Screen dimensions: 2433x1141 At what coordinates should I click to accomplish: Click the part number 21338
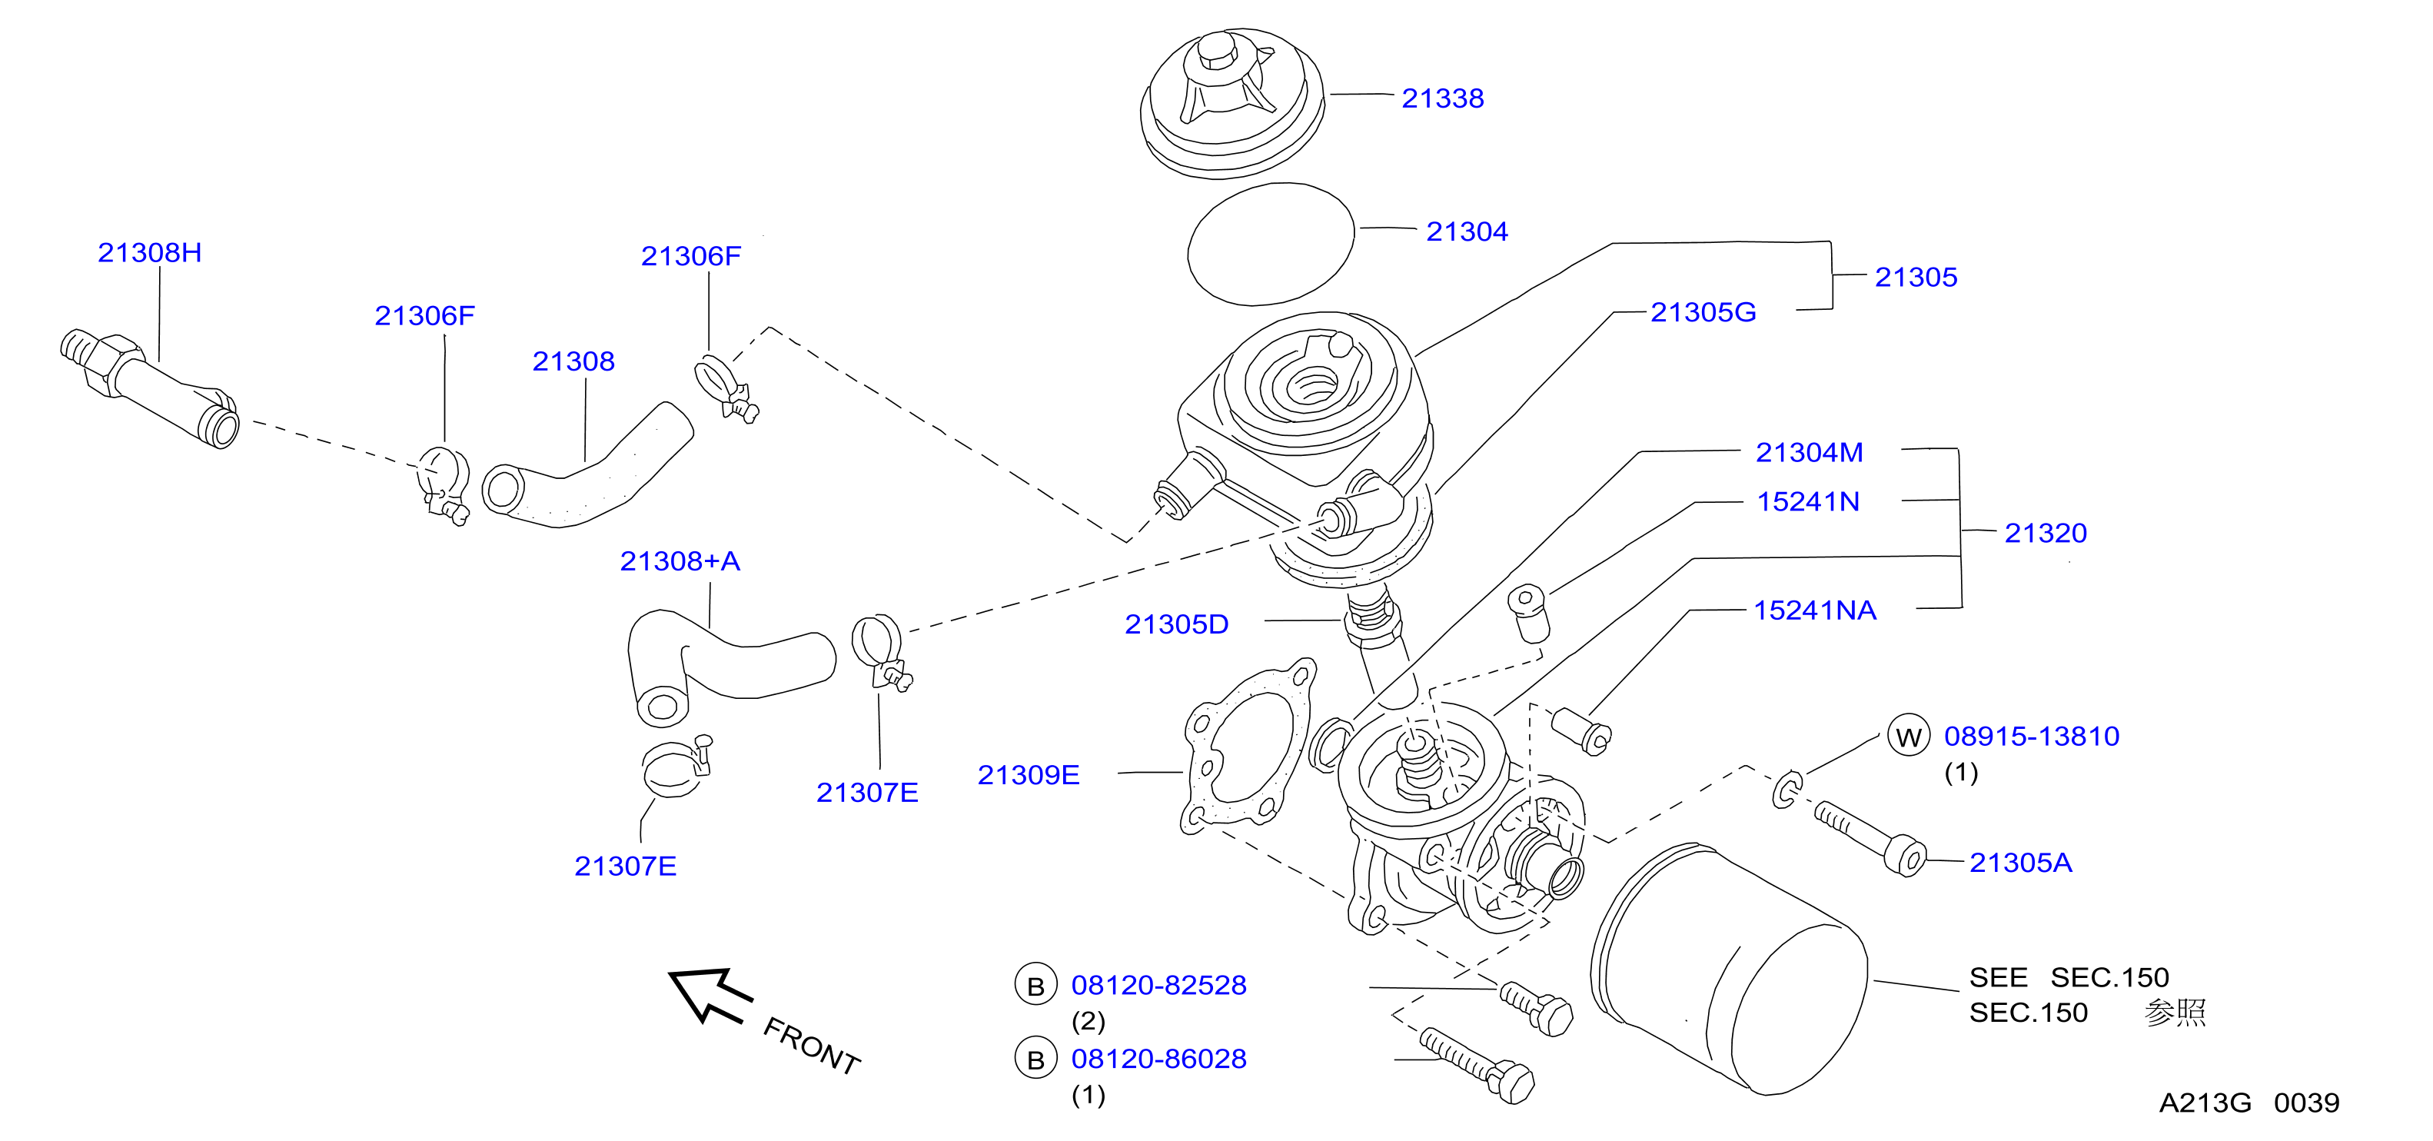[1442, 98]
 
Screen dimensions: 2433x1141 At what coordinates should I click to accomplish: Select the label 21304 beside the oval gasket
[1467, 231]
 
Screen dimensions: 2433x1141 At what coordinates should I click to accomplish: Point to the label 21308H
[150, 252]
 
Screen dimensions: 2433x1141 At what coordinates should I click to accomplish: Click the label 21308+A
[680, 561]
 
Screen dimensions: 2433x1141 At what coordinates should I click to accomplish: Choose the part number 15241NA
[1814, 610]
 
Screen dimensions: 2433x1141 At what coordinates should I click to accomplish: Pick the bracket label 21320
[2046, 533]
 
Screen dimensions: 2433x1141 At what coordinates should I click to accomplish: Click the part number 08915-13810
[2032, 736]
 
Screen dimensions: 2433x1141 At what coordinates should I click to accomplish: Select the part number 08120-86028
[1159, 1059]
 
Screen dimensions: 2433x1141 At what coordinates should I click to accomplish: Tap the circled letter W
[1909, 737]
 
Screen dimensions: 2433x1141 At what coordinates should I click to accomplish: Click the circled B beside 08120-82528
[1036, 985]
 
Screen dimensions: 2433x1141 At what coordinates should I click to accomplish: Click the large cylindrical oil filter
[1728, 968]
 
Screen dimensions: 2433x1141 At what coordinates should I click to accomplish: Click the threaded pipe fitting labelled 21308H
[149, 388]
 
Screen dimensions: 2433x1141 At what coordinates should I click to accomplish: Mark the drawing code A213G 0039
[2249, 1103]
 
